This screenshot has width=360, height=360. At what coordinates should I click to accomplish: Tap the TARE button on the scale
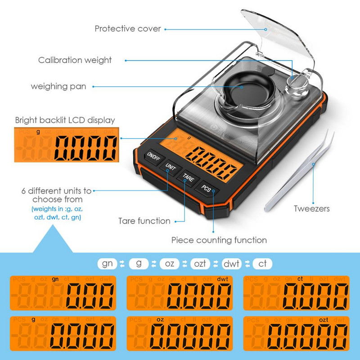click(x=188, y=176)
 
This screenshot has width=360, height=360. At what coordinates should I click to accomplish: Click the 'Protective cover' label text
click(x=127, y=29)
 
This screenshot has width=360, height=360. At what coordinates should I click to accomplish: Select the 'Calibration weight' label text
click(x=75, y=60)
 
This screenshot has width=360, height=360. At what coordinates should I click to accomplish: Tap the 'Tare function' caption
click(x=144, y=221)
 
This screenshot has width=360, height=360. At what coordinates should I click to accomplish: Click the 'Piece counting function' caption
click(x=219, y=240)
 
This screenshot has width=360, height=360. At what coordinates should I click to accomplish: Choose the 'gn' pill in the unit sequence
click(x=107, y=263)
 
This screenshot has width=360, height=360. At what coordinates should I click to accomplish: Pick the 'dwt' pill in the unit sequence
click(x=231, y=263)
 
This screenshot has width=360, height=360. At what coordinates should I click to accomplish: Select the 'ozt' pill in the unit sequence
click(x=200, y=263)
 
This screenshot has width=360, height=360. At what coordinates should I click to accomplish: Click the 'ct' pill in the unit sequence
click(x=262, y=263)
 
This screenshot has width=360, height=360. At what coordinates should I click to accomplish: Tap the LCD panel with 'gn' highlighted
click(x=63, y=293)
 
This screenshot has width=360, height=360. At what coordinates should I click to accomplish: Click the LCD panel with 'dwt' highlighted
click(x=180, y=293)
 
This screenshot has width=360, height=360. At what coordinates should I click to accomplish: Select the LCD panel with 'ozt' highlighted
click(x=296, y=333)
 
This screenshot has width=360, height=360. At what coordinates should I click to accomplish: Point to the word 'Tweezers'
click(x=311, y=208)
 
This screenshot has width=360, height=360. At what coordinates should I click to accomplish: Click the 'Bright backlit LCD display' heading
click(x=65, y=120)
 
